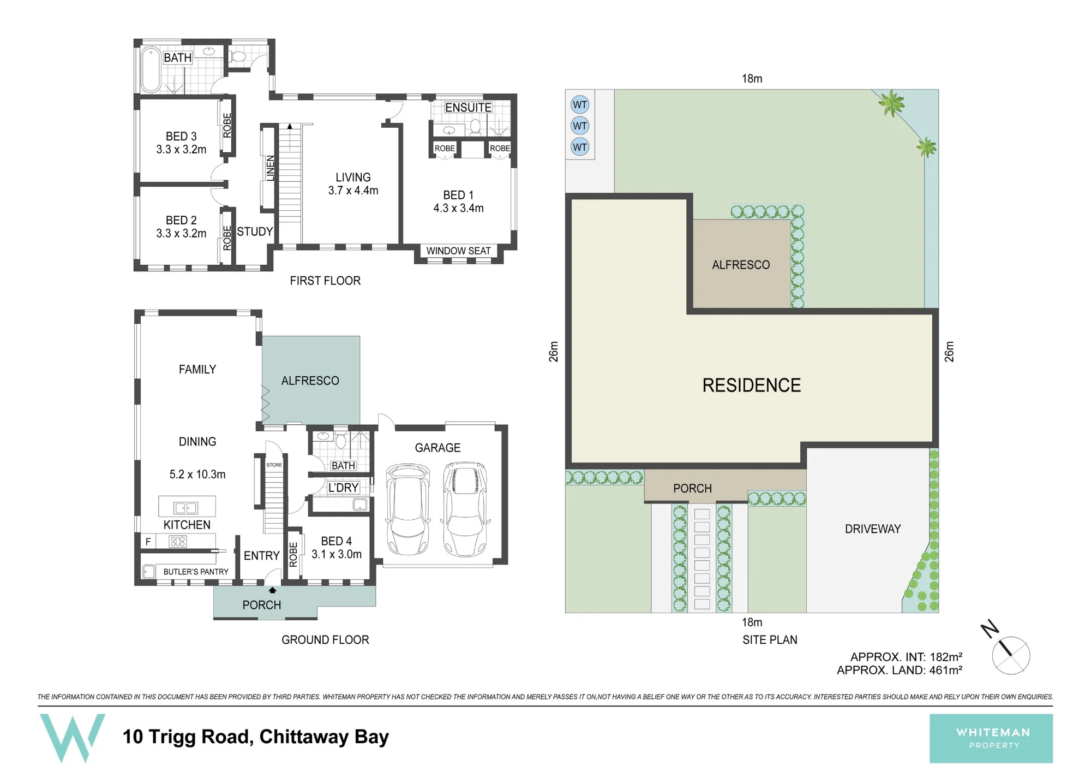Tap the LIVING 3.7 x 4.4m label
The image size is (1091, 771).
(353, 184)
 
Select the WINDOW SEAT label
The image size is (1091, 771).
(458, 251)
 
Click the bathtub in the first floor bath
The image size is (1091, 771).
(151, 69)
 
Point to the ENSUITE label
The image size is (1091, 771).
(469, 108)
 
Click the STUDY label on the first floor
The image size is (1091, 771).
(255, 232)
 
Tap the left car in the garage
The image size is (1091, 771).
(407, 509)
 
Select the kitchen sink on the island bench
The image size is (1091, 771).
(185, 508)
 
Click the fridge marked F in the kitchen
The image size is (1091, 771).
(148, 542)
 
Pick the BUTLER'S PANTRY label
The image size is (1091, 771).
(196, 572)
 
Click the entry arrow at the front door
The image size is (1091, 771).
(272, 590)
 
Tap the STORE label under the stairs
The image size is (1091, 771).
(274, 465)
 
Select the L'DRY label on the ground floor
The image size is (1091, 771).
(343, 488)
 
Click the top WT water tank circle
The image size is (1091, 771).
(580, 105)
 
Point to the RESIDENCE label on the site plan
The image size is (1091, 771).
(751, 385)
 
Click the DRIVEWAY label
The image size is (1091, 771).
(873, 529)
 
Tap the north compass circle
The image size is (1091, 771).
(1011, 655)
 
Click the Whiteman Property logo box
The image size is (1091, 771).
(991, 738)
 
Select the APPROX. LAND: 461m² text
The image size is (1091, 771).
(900, 670)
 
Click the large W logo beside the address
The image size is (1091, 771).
(73, 738)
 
